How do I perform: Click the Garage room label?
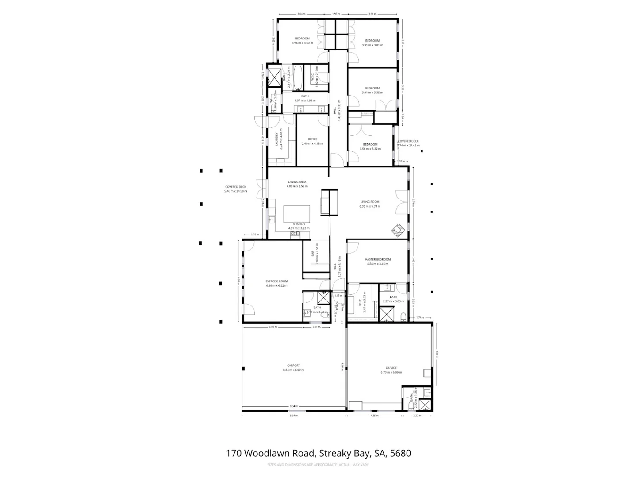(x=391, y=368)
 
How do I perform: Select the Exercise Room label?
(x=276, y=281)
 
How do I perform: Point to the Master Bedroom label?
(x=377, y=259)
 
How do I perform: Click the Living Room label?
(x=369, y=202)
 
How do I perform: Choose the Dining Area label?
(x=297, y=182)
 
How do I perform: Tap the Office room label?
(x=312, y=139)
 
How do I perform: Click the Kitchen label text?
(x=299, y=224)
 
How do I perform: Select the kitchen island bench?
(x=296, y=214)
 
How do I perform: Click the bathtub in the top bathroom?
(x=299, y=78)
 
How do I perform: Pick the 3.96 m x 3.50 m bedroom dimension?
(x=302, y=43)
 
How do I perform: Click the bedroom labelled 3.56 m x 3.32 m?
(x=370, y=146)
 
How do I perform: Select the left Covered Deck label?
(x=235, y=187)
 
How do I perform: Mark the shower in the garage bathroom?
(x=425, y=405)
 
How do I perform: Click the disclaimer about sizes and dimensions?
(x=318, y=465)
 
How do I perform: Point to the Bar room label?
(x=313, y=254)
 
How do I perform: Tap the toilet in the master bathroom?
(x=403, y=316)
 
